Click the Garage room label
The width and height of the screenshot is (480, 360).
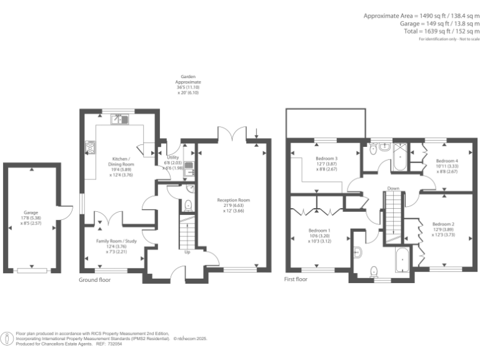(31, 212)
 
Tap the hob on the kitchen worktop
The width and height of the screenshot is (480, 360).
(89, 147)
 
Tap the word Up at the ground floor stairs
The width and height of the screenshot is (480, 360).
(187, 253)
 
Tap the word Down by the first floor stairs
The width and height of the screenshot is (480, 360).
(393, 188)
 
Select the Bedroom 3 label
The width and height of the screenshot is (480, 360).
(327, 159)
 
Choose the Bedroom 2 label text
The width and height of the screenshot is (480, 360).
(443, 224)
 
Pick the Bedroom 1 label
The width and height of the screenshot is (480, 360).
(319, 231)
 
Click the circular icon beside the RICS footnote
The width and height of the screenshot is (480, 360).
(7, 339)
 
